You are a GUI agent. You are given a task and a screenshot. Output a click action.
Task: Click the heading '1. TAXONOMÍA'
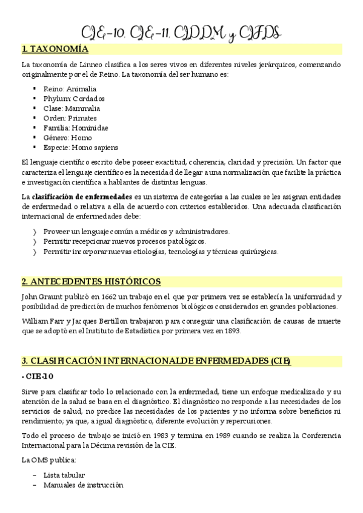click(x=55, y=49)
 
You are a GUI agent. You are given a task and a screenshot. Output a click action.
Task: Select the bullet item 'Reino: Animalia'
click(x=70, y=88)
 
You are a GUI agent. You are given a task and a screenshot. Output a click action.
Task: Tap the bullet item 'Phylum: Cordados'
click(x=74, y=98)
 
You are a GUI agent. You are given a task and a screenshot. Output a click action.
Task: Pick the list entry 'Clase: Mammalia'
click(x=72, y=108)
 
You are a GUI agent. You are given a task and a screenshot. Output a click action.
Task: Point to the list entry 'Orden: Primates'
click(x=70, y=118)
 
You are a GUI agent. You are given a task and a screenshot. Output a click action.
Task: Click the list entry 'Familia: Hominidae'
click(x=76, y=128)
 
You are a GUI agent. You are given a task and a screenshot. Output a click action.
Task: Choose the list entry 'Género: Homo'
click(x=68, y=137)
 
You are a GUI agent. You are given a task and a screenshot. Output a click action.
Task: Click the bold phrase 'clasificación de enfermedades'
click(x=82, y=197)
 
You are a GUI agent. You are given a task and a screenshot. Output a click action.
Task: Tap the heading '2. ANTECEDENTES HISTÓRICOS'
click(x=91, y=281)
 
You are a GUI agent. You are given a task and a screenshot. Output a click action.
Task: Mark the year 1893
click(x=230, y=330)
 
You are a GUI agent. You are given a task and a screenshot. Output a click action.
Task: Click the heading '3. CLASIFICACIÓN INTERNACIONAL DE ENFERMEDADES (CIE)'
click(x=156, y=361)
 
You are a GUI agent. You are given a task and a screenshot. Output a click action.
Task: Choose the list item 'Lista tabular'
click(x=64, y=475)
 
